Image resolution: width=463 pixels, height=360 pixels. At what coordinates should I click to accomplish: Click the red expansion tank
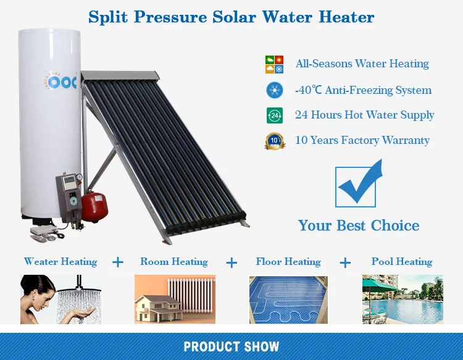click(94, 207)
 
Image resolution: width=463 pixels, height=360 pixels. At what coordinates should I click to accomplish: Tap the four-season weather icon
click(274, 64)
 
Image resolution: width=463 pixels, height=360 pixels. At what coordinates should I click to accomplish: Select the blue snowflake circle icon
click(275, 90)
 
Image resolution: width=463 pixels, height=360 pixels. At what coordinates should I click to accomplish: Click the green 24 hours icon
click(275, 115)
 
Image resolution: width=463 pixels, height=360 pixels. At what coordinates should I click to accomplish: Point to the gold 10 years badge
click(275, 141)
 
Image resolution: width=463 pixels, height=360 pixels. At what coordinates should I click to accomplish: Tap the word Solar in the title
click(234, 17)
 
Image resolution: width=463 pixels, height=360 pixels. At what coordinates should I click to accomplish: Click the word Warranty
click(406, 140)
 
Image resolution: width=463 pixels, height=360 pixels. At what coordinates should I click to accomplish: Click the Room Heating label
click(174, 262)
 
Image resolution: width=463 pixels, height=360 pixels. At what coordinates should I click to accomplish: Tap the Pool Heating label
click(402, 262)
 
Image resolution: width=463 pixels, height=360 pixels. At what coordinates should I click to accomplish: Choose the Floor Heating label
click(288, 262)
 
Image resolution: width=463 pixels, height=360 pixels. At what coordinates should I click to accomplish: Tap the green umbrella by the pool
click(379, 283)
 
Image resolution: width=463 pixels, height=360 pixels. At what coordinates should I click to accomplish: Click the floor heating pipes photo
click(288, 299)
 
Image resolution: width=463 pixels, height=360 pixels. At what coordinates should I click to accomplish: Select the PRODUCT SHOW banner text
click(231, 346)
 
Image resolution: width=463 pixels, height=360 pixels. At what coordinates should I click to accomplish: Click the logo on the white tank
click(61, 81)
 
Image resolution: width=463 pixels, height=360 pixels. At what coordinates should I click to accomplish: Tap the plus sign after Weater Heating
click(118, 262)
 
